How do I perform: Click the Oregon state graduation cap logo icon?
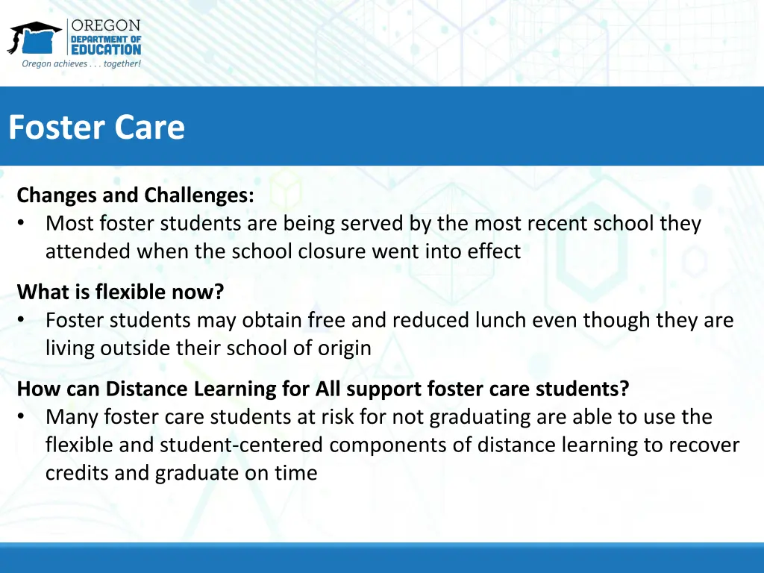point(35,37)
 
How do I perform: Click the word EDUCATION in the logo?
point(106,50)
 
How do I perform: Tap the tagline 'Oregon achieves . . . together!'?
point(81,64)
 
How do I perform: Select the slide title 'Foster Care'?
point(96,127)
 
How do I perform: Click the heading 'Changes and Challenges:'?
point(135,195)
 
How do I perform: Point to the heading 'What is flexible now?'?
point(120,292)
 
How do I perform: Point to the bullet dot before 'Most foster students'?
point(22,224)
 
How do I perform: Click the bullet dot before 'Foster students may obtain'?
point(22,320)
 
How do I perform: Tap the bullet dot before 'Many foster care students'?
point(22,416)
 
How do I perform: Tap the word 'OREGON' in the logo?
point(106,25)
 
